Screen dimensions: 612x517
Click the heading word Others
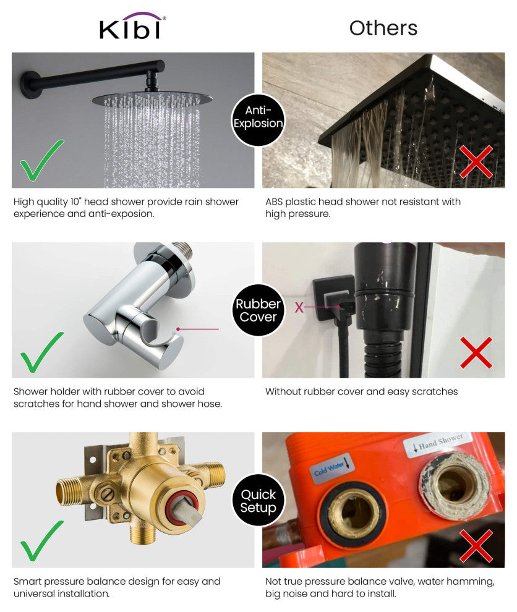(383, 28)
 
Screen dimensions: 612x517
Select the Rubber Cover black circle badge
(258, 310)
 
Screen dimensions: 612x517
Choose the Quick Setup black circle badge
(258, 501)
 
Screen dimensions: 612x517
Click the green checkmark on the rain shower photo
(41, 160)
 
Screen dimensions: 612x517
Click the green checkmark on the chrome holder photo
(41, 352)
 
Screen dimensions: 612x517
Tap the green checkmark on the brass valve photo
(41, 541)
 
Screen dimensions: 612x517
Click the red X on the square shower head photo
(476, 162)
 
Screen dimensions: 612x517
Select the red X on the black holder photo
(476, 352)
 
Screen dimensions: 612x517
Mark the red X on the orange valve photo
(476, 545)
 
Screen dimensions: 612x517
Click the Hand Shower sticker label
(437, 443)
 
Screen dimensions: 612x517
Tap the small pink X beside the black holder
(299, 307)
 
